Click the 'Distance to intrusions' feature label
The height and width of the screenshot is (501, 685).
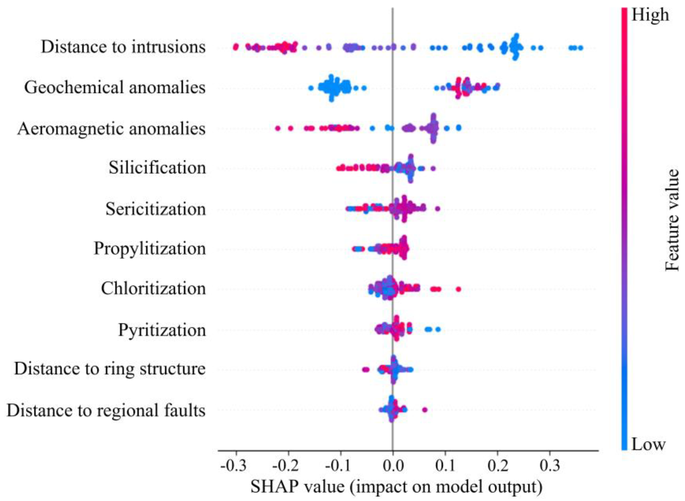tap(123, 47)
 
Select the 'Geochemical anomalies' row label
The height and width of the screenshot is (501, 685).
tap(115, 88)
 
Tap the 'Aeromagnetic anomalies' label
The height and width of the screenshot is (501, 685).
tap(111, 129)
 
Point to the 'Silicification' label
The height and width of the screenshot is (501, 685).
tap(157, 167)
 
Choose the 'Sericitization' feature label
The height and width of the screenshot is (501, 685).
tap(156, 209)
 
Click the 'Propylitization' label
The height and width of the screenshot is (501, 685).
tap(150, 248)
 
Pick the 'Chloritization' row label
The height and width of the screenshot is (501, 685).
tap(153, 289)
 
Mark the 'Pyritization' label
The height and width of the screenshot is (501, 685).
tap(162, 330)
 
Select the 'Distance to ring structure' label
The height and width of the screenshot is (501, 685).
tap(110, 369)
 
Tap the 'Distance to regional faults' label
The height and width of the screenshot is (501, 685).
tap(106, 410)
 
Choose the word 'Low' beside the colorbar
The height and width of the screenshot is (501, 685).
tap(648, 445)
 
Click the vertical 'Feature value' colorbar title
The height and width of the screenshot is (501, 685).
tap(672, 220)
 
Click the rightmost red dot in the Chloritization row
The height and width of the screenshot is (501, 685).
tap(458, 289)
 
